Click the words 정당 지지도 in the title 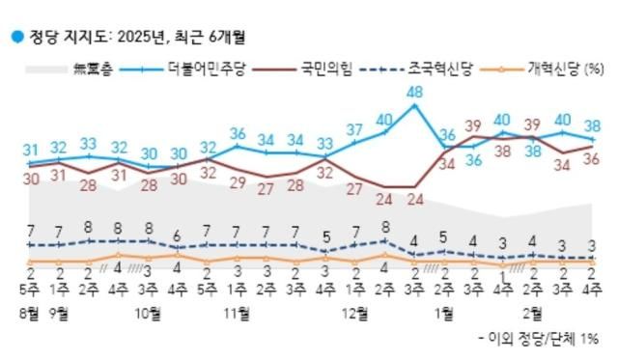(x=59, y=38)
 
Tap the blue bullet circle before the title (x=15, y=38)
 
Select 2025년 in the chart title (x=144, y=38)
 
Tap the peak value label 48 (x=416, y=93)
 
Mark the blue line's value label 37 (x=355, y=129)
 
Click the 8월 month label (x=30, y=314)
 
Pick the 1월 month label (x=445, y=314)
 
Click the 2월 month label (x=532, y=314)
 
